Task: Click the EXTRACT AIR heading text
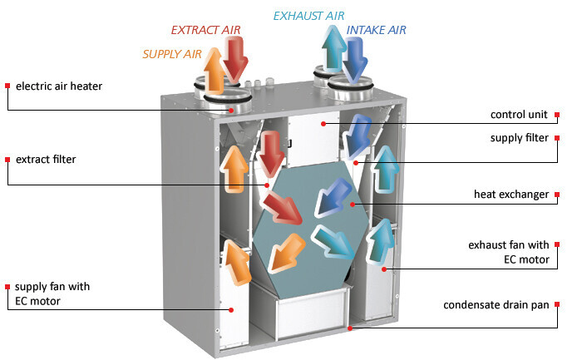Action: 205,30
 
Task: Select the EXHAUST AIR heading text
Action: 309,15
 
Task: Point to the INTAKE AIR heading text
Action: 377,32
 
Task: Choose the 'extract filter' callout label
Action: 46,159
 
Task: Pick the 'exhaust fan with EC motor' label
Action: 508,251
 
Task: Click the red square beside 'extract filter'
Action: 7,159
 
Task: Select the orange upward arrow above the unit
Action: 213,71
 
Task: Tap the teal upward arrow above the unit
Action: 334,50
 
